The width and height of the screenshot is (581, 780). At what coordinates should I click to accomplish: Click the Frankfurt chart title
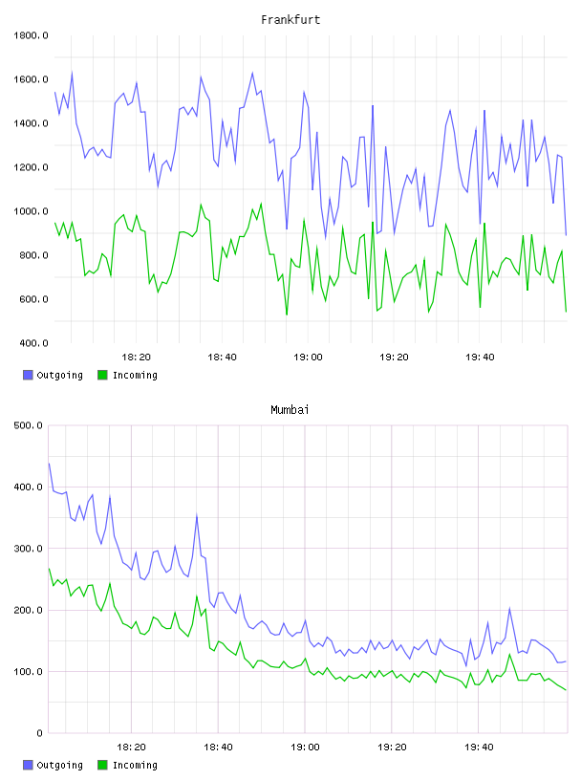[290, 20]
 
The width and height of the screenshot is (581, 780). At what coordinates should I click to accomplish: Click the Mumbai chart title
[290, 410]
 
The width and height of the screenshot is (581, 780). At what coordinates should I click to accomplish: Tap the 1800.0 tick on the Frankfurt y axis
[31, 35]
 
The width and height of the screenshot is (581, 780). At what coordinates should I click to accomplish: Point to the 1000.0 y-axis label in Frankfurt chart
[31, 211]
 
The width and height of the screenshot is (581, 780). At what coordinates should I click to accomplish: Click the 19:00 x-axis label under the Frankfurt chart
[308, 357]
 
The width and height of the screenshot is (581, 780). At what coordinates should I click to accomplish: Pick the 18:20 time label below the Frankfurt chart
[136, 357]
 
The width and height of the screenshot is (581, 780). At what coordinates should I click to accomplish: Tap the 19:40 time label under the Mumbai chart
[479, 747]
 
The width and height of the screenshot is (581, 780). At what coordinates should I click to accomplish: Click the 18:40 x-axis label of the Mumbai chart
[218, 747]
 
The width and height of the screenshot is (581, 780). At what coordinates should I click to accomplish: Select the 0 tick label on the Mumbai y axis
[39, 733]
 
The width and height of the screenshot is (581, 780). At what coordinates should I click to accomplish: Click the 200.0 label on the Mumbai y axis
[28, 611]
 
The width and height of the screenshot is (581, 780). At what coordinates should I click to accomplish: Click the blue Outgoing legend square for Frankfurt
[28, 375]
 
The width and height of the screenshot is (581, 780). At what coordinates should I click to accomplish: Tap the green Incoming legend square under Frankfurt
[102, 375]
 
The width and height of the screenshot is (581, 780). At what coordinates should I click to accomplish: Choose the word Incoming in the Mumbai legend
[135, 765]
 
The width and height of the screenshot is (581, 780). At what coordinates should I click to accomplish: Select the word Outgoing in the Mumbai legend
[59, 765]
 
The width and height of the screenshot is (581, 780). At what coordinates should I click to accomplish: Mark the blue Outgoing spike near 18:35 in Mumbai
[197, 515]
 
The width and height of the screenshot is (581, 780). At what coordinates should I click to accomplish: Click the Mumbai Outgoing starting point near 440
[49, 464]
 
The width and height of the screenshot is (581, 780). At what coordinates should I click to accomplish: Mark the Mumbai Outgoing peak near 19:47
[509, 608]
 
